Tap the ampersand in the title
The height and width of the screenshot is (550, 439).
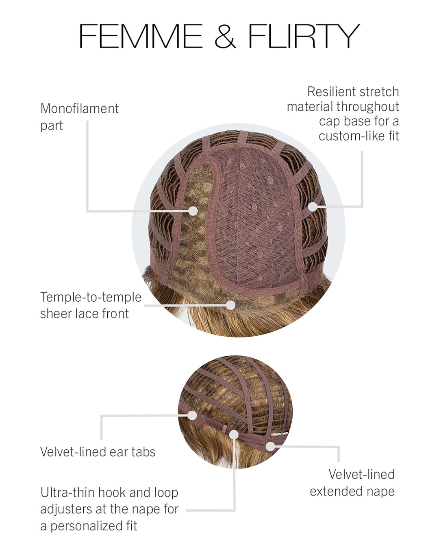click(225, 36)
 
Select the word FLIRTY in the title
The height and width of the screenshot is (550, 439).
click(304, 36)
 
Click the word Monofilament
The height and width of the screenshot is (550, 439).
click(80, 108)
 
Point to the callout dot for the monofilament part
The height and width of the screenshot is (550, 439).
click(193, 211)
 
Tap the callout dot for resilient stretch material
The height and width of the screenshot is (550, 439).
click(313, 206)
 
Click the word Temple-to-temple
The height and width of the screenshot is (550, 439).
click(91, 297)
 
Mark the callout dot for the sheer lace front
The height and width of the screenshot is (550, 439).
click(231, 305)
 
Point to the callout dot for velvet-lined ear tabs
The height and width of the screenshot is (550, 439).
click(192, 415)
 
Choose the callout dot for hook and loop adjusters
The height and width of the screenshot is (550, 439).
click(234, 434)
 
